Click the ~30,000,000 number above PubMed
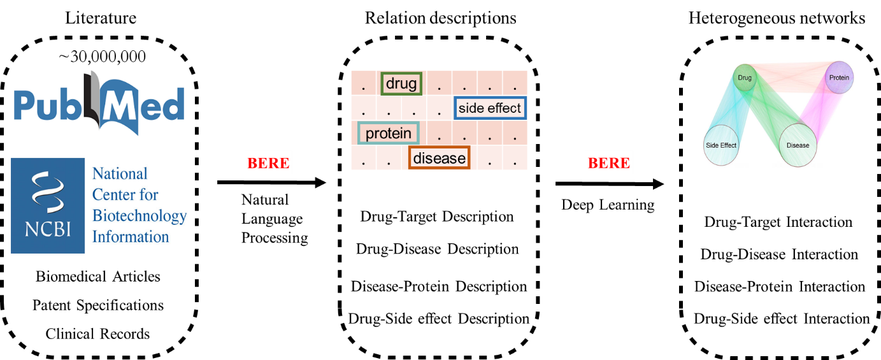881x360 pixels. (102, 57)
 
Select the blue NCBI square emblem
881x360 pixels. (48, 205)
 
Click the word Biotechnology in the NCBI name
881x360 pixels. (140, 215)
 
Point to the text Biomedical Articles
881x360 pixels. (98, 277)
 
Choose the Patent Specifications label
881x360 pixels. (98, 305)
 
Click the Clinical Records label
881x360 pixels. (98, 334)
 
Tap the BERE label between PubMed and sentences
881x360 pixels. (268, 163)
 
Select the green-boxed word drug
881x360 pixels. (401, 83)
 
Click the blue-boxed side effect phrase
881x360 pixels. (490, 108)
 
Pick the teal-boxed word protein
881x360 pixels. (389, 133)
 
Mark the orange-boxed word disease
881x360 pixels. (439, 158)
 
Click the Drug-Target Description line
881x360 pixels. (437, 217)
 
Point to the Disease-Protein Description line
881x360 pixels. (439, 287)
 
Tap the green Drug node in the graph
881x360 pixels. (744, 78)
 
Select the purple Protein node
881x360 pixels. (839, 78)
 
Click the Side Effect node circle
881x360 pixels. (721, 145)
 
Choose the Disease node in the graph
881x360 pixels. (798, 145)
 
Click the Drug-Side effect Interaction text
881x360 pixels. (782, 319)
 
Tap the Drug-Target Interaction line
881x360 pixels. (778, 222)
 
